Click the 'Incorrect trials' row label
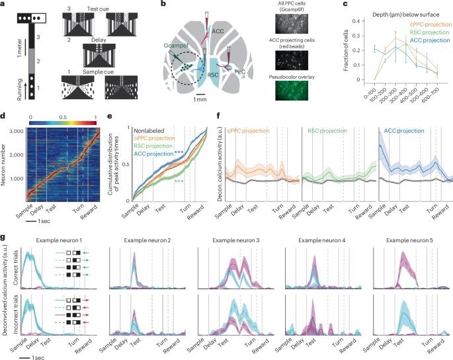tap(14, 314)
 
